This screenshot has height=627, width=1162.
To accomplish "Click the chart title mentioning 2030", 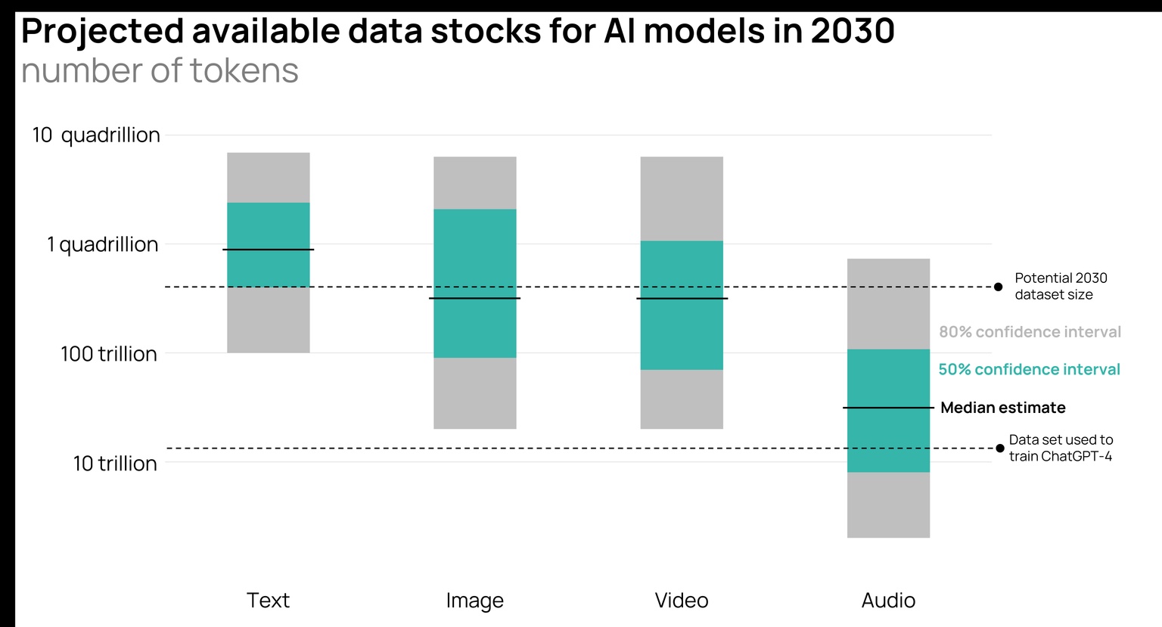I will coord(458,32).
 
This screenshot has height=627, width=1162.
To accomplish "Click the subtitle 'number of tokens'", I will coord(160,71).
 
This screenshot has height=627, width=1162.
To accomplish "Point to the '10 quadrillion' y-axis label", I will coord(96,135).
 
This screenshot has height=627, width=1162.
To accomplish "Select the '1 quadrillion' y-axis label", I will coord(103,244).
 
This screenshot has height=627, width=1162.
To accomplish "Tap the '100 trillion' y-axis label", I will coord(109,354).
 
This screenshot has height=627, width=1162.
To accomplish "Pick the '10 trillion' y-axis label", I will coord(115,463).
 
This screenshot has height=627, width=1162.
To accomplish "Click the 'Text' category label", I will coord(268,601).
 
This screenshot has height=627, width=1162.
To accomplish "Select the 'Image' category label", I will coord(474,601).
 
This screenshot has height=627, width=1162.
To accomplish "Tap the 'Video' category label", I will coord(681,601).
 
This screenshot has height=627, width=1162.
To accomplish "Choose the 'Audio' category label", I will coord(888,601).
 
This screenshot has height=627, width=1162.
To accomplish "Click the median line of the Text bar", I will coord(268,250).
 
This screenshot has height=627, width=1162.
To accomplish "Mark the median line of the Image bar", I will coord(474,298).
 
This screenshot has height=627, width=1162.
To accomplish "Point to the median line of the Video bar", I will coord(682,299).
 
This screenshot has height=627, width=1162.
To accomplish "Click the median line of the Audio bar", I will coord(888,408).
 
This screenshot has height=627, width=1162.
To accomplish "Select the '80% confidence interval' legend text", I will coord(1030,332).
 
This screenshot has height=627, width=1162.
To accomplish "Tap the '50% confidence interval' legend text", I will coord(1029,370).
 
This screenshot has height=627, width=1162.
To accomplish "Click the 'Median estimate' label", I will coord(1002,408).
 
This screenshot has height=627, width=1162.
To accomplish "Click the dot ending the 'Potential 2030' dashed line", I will coord(998,287).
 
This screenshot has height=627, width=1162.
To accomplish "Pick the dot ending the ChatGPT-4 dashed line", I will coord(999,449).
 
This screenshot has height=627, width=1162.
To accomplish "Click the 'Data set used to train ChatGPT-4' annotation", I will coord(1061,448).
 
